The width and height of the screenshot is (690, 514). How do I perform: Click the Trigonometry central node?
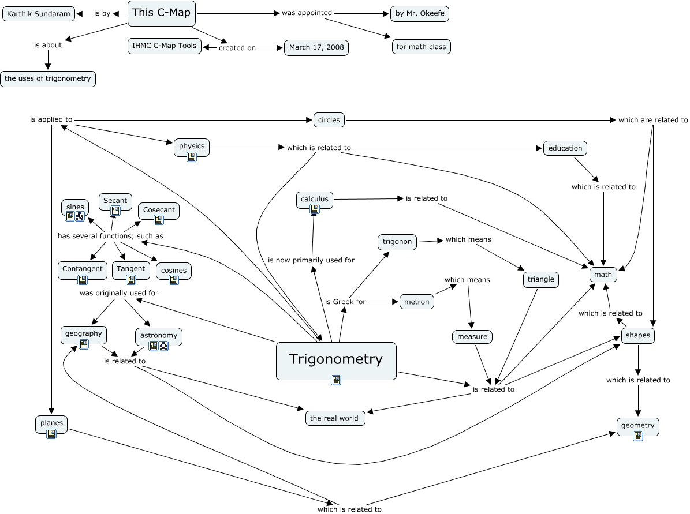(x=336, y=361)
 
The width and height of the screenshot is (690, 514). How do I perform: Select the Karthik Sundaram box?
(x=39, y=14)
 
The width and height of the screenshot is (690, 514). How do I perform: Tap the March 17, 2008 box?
(x=316, y=47)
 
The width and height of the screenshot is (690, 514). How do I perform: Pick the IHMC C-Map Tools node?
(x=164, y=46)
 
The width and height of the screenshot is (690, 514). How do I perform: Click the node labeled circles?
(x=329, y=120)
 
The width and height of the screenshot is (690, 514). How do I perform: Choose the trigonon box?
(x=397, y=242)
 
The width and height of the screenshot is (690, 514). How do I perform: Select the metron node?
(x=417, y=302)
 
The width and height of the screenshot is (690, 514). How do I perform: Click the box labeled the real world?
(x=335, y=418)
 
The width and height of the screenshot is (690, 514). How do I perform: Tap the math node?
(x=603, y=275)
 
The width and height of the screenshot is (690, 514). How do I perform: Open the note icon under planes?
(x=51, y=434)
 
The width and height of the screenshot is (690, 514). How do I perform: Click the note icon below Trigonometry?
(x=335, y=380)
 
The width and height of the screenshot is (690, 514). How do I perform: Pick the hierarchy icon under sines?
(x=80, y=216)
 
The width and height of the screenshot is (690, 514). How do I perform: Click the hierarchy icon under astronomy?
(x=163, y=347)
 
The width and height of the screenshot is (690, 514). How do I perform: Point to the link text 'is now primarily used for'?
(x=311, y=260)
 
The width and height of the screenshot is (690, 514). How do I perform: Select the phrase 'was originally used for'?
(x=119, y=293)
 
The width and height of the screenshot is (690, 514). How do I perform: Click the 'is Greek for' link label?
(x=345, y=302)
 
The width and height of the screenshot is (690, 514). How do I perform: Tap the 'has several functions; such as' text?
(x=110, y=236)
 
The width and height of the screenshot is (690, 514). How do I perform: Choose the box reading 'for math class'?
(x=421, y=47)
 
